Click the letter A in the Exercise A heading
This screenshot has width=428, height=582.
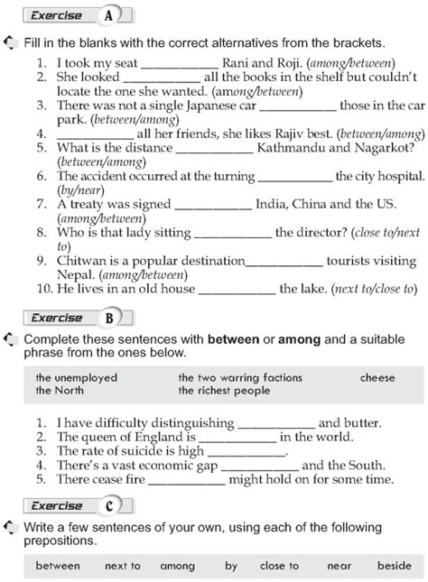109,15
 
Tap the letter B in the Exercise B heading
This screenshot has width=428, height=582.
109,317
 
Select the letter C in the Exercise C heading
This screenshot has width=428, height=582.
109,505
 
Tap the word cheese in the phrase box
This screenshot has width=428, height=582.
377,378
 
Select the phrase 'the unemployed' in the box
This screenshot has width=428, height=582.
77,378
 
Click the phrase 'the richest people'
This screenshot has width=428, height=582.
224,391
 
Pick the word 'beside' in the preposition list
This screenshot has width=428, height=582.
395,566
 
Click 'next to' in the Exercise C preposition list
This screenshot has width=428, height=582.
123,566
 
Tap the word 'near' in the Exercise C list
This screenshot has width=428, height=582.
340,566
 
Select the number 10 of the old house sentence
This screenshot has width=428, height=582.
43,289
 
